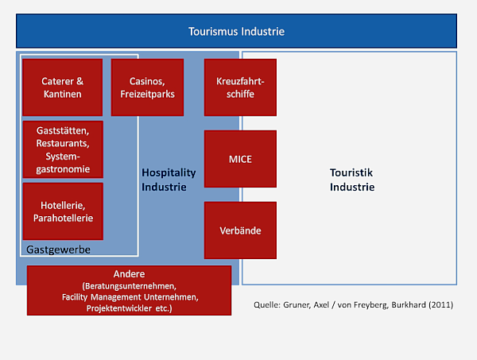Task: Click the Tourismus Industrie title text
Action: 236,32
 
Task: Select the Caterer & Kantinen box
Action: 62,87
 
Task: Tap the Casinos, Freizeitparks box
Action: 147,87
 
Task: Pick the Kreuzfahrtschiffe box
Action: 240,87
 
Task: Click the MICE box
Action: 240,159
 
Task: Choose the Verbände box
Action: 240,230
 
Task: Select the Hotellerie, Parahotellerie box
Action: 63,211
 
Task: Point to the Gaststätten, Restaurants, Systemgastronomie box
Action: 63,149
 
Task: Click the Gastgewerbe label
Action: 58,250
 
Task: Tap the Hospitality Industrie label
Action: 169,180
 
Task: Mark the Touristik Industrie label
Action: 352,180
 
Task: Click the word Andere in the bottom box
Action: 129,274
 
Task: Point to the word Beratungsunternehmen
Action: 130,286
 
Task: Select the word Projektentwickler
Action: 119,308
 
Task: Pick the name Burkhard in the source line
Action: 409,304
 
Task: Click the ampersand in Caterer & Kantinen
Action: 79,81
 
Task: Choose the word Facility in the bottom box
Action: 75,297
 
